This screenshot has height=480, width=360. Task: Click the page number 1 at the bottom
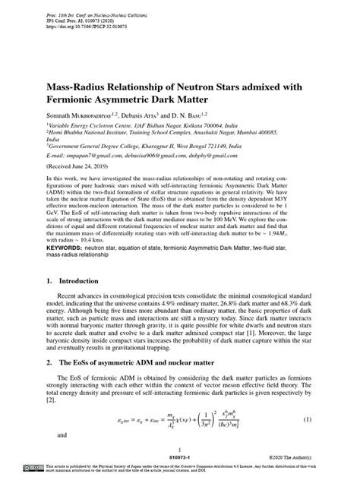180,451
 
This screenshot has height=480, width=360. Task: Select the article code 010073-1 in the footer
180,459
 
